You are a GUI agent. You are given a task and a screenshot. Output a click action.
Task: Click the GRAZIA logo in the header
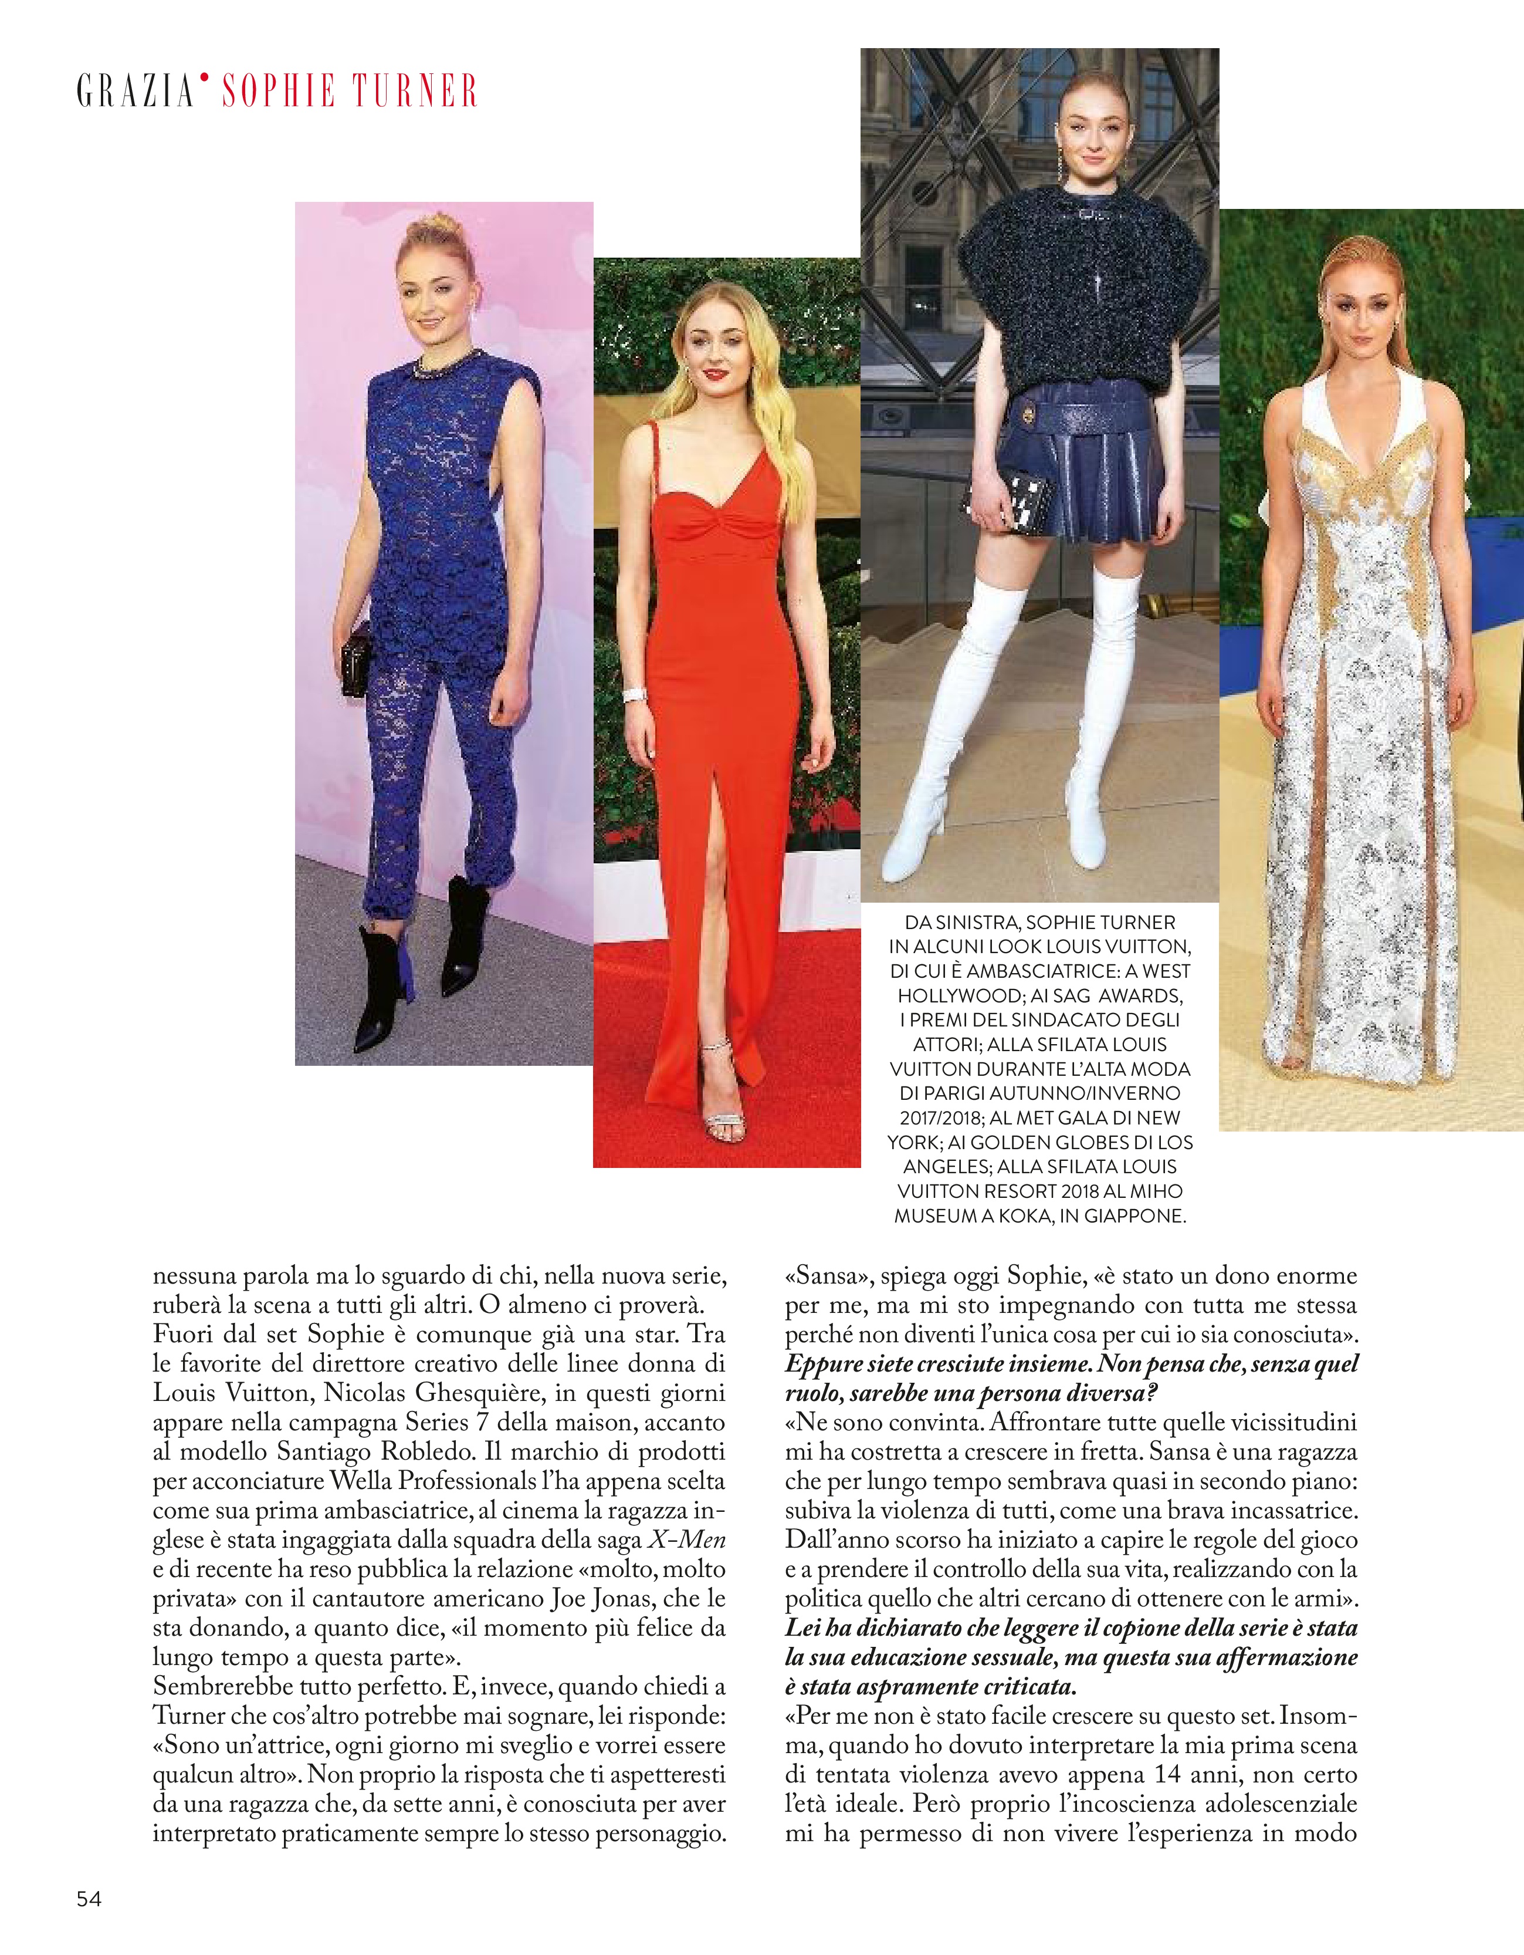135,92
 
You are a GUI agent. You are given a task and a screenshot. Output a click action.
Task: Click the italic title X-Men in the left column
686,1539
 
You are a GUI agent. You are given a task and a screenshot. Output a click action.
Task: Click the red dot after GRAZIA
204,79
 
